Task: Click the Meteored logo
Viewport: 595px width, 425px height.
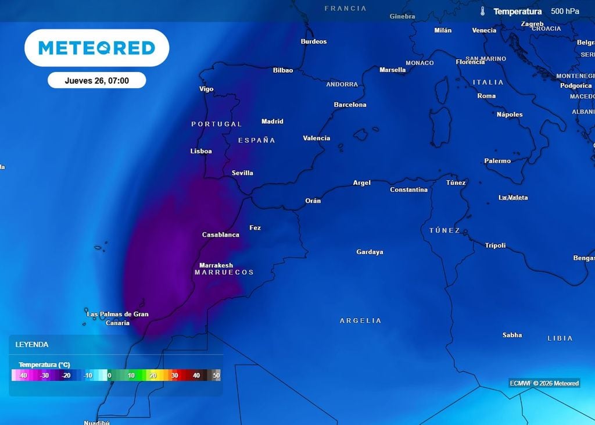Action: click(x=96, y=48)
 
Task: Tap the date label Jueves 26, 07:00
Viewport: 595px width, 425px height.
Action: click(x=96, y=81)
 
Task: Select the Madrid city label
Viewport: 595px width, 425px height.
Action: click(x=272, y=122)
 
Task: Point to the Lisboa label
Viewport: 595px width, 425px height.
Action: click(x=201, y=151)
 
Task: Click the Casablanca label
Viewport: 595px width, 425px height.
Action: click(x=220, y=235)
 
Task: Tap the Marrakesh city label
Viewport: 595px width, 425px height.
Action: click(x=216, y=265)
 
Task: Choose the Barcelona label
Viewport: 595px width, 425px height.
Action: click(x=350, y=105)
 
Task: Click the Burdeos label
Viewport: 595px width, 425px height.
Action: click(x=313, y=41)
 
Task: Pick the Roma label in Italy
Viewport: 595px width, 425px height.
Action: click(x=486, y=96)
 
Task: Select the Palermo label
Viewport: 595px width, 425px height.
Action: click(x=497, y=161)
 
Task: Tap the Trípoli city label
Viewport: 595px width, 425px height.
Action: click(x=495, y=245)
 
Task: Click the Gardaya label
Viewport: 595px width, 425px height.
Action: click(x=370, y=252)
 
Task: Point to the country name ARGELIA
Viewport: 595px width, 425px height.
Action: click(x=361, y=320)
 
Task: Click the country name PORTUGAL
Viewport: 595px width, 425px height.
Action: click(x=216, y=124)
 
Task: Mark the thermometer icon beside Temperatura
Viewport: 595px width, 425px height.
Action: click(x=482, y=11)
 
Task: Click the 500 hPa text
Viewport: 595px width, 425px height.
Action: click(x=565, y=11)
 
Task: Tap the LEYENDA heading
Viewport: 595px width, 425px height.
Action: click(x=32, y=344)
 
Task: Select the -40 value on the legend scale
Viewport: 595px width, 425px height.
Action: click(x=23, y=376)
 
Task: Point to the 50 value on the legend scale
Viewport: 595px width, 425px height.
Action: click(x=217, y=376)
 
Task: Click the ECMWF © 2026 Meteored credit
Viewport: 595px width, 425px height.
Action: click(x=544, y=383)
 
